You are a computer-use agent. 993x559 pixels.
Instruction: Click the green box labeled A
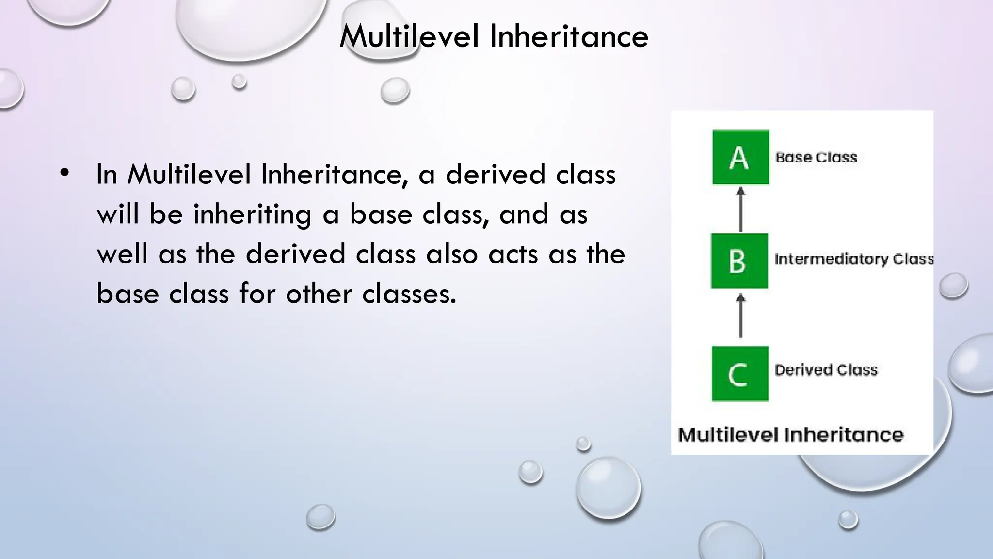coord(740,157)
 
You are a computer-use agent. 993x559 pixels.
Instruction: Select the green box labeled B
coord(739,261)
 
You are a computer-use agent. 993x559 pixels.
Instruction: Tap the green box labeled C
coord(740,374)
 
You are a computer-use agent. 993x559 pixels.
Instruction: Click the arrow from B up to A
coord(740,210)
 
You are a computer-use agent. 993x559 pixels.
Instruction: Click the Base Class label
coord(816,157)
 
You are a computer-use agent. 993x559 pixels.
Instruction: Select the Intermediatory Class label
coord(854,259)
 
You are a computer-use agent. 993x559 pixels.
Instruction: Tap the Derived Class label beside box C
coord(826,370)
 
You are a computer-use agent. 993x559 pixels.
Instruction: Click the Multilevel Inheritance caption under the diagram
coord(790,435)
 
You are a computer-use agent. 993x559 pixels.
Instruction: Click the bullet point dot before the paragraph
coord(65,173)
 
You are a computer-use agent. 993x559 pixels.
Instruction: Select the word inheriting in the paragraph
coord(252,214)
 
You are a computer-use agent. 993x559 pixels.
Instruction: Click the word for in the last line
coord(257,294)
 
